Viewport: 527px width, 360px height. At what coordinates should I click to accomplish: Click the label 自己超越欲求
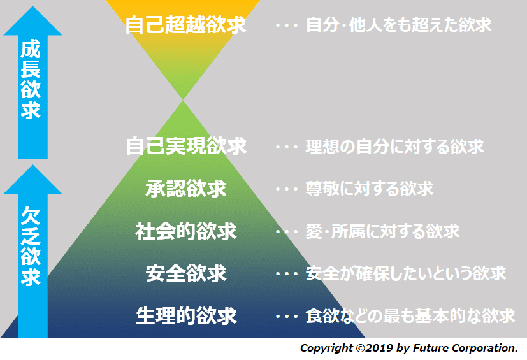click(x=186, y=25)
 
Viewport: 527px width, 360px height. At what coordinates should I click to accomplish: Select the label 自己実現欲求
click(x=186, y=146)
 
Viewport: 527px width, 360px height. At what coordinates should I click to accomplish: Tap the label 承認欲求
click(x=186, y=188)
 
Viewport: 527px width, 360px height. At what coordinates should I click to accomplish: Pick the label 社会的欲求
click(x=186, y=231)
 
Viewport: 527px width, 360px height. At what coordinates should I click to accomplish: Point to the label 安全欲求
click(x=186, y=273)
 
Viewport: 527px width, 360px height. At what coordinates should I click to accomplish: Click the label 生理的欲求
click(x=186, y=316)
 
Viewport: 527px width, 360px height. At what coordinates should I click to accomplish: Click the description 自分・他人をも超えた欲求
click(x=399, y=25)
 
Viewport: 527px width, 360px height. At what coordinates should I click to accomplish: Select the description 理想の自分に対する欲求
click(x=394, y=147)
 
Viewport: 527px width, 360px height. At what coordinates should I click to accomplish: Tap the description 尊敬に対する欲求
click(x=370, y=189)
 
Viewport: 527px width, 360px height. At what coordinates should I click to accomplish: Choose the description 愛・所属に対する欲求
click(x=382, y=231)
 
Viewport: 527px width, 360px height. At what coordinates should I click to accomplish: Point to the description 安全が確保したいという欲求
click(x=406, y=273)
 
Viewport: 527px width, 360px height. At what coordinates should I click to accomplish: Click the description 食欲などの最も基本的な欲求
click(x=410, y=316)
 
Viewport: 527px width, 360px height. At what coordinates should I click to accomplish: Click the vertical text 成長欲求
click(x=31, y=80)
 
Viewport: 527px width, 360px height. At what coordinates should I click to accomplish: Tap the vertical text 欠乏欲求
click(x=31, y=247)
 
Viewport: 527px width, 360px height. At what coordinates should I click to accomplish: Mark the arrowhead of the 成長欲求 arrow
click(x=32, y=6)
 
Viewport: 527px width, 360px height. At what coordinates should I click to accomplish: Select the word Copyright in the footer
click(x=326, y=349)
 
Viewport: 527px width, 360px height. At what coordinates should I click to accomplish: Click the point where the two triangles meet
click(x=183, y=100)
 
